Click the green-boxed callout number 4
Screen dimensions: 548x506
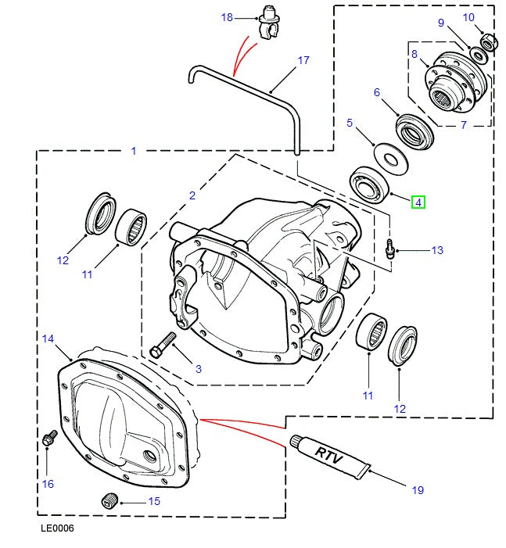pyautogui.click(x=418, y=202)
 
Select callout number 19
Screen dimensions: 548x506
pyautogui.click(x=417, y=490)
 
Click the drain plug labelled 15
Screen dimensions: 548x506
pyautogui.click(x=109, y=500)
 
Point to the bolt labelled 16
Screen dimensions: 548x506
pyautogui.click(x=51, y=438)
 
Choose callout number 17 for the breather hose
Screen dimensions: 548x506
pyautogui.click(x=303, y=60)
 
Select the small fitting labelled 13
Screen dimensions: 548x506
pyautogui.click(x=388, y=249)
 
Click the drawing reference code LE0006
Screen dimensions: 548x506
pyautogui.click(x=57, y=529)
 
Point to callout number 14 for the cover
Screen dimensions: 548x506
pyautogui.click(x=48, y=338)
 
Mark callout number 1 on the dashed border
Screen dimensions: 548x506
pyautogui.click(x=134, y=151)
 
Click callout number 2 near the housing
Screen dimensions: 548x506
pyautogui.click(x=192, y=195)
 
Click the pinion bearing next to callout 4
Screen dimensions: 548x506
pyautogui.click(x=371, y=184)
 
